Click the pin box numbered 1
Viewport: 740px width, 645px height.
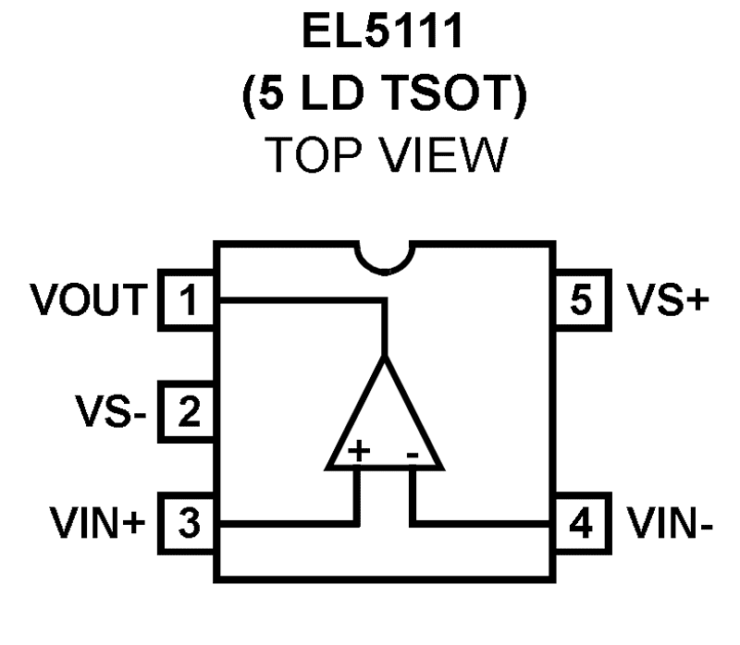(189, 300)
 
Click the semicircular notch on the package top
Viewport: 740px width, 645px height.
(385, 256)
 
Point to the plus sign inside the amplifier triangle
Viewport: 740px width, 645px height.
(359, 451)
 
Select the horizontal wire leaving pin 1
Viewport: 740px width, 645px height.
(296, 300)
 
